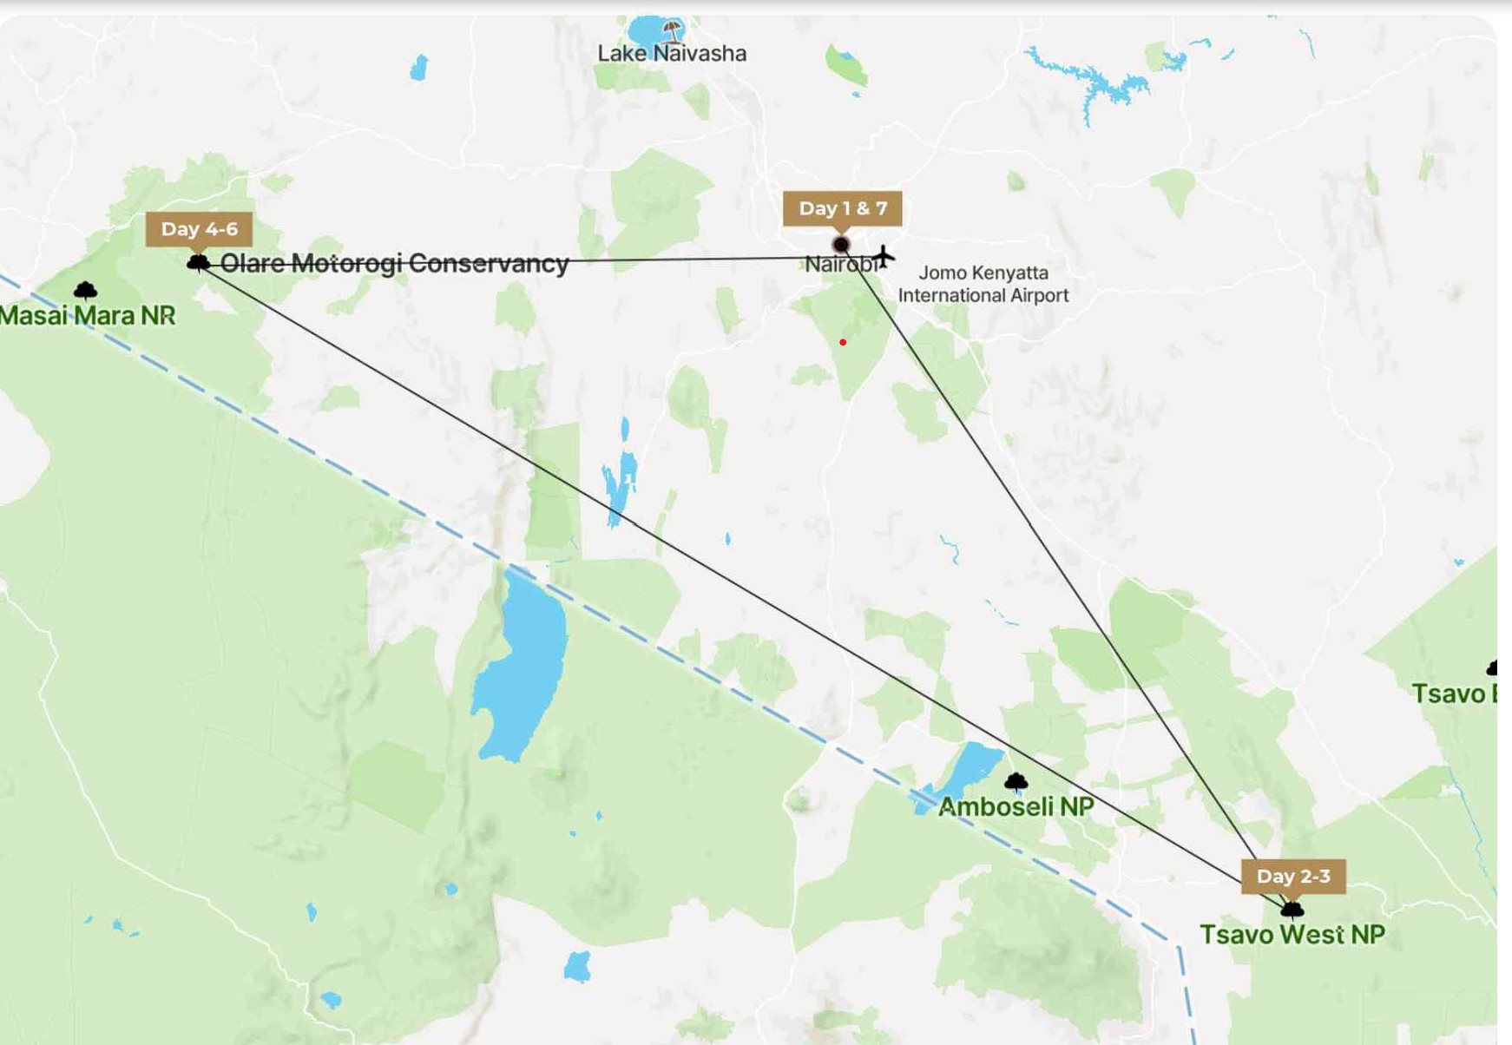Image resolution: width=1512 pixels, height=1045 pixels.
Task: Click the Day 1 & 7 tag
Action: [x=842, y=209]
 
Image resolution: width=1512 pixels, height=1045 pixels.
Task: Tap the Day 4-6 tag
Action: [x=199, y=229]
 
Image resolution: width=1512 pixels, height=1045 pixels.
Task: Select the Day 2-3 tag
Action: [x=1292, y=877]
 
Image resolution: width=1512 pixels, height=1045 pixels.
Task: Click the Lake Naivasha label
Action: [x=672, y=54]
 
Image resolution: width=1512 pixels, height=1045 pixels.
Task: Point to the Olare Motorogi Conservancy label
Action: [x=394, y=264]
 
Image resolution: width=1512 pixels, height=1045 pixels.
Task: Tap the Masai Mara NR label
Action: [x=88, y=316]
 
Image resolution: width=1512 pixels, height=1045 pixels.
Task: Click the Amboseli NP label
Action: [x=1016, y=807]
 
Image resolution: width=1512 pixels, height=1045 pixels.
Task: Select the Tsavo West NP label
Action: [x=1292, y=935]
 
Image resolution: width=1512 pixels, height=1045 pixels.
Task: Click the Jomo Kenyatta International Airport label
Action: [x=983, y=284]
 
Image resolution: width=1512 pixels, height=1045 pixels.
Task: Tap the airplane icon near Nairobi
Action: [x=884, y=256]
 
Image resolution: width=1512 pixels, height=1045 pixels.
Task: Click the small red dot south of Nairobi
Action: [x=843, y=343]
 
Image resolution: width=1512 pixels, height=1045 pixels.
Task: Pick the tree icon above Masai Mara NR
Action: [x=85, y=290]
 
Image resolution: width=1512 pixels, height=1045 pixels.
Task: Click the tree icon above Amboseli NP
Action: [x=1016, y=782]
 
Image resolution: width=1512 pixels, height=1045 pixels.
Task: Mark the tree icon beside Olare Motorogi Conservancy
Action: [x=198, y=261]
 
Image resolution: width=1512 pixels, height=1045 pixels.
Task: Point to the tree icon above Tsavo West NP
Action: [x=1292, y=910]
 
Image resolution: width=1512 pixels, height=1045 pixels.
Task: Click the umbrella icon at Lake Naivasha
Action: [x=671, y=31]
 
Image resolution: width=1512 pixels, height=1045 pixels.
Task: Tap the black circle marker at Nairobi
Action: [x=840, y=245]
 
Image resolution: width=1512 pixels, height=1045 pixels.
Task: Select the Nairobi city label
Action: [x=838, y=265]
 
